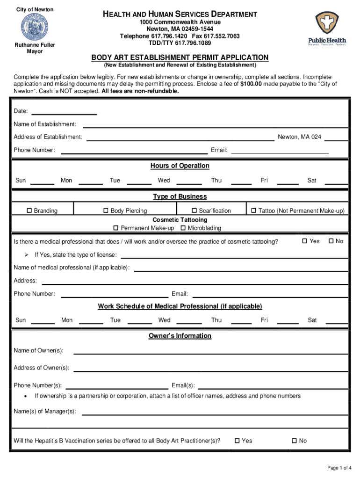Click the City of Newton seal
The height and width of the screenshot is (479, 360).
(x=34, y=27)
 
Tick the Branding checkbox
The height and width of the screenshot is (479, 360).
(x=30, y=210)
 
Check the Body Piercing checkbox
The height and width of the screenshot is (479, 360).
(x=106, y=210)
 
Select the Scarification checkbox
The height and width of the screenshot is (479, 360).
(x=194, y=210)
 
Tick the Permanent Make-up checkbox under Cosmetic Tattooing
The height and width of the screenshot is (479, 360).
(x=116, y=228)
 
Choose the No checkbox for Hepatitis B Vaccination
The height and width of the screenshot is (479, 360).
(x=294, y=440)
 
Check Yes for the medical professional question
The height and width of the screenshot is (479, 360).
(x=305, y=241)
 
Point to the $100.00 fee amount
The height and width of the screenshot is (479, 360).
(x=254, y=84)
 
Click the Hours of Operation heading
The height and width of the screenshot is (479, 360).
(x=180, y=166)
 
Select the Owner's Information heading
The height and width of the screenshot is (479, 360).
(x=180, y=336)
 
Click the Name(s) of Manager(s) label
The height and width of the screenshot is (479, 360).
(x=45, y=411)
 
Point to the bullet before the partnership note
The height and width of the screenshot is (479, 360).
(x=24, y=396)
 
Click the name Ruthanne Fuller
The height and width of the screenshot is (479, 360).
(x=34, y=45)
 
